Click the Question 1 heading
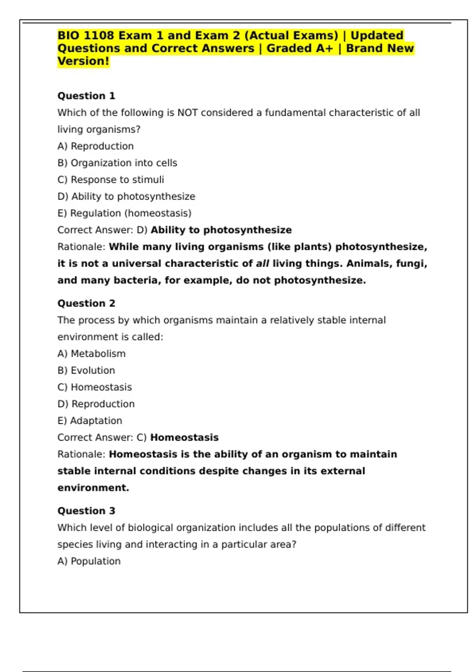86,96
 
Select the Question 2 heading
86,304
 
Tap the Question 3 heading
86,511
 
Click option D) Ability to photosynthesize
126,196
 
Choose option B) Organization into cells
117,163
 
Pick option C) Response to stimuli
111,180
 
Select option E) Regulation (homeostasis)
124,213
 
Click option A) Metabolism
91,354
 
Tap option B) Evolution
86,370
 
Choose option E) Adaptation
90,421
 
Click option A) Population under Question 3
89,561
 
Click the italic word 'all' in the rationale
263,264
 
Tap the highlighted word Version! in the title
83,62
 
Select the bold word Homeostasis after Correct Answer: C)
184,438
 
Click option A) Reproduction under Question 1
95,146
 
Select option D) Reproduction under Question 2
96,404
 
